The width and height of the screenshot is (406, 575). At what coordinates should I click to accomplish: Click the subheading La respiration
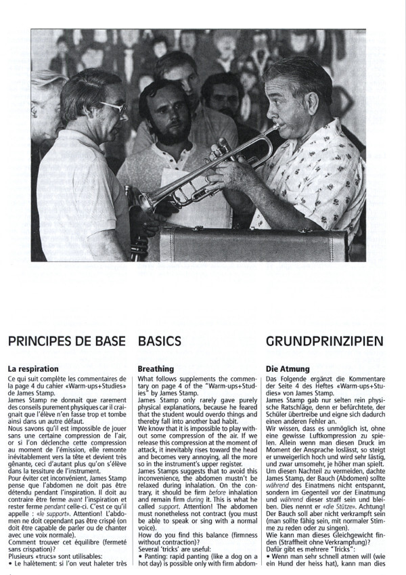coord(33,368)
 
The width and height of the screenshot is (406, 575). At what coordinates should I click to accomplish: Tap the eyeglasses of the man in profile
coord(112,108)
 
